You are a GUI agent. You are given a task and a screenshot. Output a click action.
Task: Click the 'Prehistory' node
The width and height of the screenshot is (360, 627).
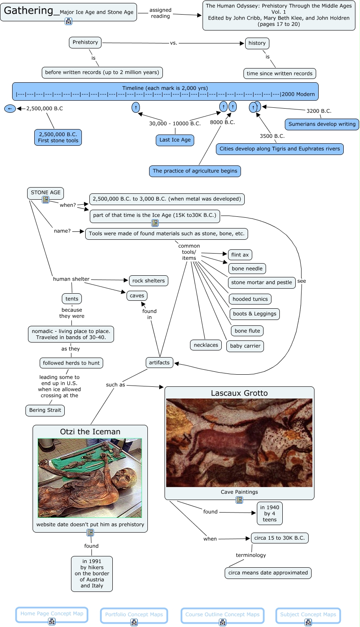click(x=85, y=42)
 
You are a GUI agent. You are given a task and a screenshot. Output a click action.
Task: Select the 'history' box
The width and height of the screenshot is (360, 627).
click(x=257, y=43)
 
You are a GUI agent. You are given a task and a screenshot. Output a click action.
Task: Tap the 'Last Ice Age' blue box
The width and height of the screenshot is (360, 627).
click(x=175, y=140)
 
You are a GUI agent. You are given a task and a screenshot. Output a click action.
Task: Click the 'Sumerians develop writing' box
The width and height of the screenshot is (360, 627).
click(x=322, y=124)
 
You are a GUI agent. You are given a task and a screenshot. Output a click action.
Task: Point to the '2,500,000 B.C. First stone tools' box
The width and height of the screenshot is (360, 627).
click(x=58, y=137)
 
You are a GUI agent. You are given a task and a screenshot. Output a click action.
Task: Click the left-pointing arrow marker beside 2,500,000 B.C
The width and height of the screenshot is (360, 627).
click(x=10, y=109)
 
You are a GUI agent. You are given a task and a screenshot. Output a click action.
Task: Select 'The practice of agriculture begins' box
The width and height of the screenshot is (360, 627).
click(x=195, y=171)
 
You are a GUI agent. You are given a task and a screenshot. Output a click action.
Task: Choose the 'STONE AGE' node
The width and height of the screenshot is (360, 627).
click(x=46, y=193)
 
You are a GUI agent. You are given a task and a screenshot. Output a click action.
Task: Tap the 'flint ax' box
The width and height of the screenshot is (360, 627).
click(x=240, y=255)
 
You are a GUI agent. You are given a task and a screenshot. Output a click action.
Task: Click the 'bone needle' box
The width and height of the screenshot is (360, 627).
click(x=247, y=269)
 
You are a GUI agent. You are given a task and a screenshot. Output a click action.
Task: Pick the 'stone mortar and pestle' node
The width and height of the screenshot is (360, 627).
click(x=261, y=282)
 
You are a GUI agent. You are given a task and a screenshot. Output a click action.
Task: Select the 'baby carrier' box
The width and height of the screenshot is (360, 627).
click(x=245, y=346)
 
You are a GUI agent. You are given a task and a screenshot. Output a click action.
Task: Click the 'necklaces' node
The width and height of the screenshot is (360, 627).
click(x=206, y=345)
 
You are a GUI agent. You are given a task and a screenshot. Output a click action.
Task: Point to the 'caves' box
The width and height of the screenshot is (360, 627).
click(x=137, y=296)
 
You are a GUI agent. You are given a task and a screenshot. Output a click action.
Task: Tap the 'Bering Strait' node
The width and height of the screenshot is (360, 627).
click(x=45, y=410)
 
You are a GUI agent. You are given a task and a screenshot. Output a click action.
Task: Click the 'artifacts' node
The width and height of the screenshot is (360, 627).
click(x=159, y=363)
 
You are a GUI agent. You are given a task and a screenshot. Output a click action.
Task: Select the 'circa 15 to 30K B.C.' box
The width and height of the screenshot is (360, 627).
click(x=279, y=538)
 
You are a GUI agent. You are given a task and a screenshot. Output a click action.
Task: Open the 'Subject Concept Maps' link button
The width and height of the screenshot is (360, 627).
click(x=308, y=614)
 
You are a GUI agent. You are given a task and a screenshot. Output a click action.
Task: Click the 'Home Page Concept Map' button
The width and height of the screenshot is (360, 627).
click(x=52, y=614)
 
